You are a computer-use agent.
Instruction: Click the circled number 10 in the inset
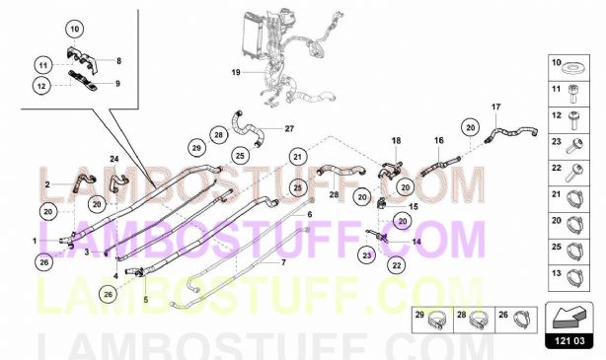coord(75,29)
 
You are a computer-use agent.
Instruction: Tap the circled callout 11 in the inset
coord(42,65)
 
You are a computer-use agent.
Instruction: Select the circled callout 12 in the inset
coord(41,86)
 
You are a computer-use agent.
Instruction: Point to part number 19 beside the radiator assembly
coord(236,72)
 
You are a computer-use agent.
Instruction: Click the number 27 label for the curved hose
coord(289,128)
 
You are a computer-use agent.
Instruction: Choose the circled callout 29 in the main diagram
coord(196,148)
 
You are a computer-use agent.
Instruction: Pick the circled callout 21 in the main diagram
coord(297,157)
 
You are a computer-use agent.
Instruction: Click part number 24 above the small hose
coord(114,159)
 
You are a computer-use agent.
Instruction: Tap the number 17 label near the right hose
coord(495,107)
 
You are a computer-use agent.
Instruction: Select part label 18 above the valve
coord(396,141)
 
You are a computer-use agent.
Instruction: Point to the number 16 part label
coord(438,140)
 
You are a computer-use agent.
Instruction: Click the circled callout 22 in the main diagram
coord(397,265)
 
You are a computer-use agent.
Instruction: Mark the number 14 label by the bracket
coord(417,243)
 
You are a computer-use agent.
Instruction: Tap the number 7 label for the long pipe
coord(283,262)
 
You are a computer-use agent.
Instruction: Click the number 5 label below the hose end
coord(146,300)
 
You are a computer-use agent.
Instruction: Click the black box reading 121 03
coord(569,341)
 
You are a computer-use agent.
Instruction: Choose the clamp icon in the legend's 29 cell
coord(435,322)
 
